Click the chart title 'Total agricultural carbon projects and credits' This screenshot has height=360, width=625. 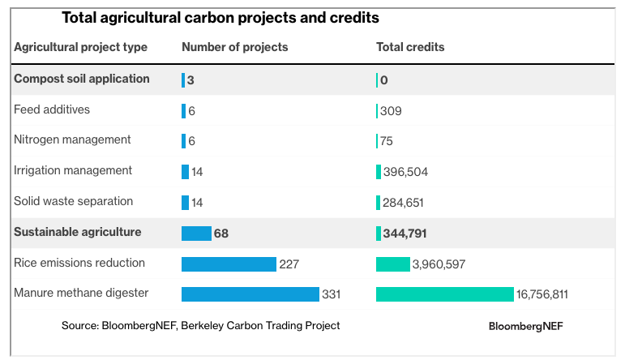(220, 17)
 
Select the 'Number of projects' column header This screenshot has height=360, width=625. (234, 47)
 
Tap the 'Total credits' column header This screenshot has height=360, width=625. (410, 47)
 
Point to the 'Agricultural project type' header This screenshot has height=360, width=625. (80, 47)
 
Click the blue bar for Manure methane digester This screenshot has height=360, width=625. (250, 294)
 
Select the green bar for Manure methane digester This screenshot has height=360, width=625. (444, 294)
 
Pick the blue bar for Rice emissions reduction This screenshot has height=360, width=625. (229, 264)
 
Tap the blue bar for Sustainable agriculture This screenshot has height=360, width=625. (196, 234)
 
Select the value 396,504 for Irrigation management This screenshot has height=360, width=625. (405, 172)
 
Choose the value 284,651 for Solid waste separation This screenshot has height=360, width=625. (403, 203)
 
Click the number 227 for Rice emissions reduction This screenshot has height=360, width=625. (289, 264)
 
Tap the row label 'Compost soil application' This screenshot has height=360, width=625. (82, 79)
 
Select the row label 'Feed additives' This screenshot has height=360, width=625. (52, 109)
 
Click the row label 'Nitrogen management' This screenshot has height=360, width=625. (72, 139)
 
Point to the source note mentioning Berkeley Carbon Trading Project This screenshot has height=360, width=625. (200, 325)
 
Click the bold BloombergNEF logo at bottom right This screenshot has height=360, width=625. (525, 326)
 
